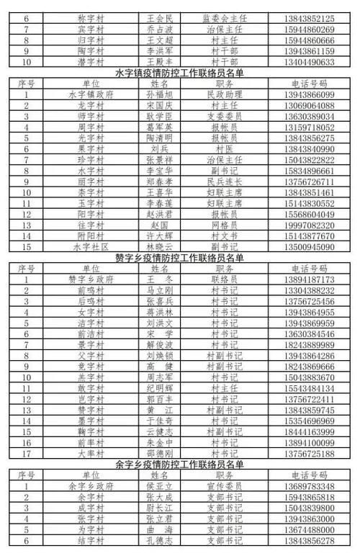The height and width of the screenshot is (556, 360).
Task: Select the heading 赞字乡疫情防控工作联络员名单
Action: click(x=180, y=257)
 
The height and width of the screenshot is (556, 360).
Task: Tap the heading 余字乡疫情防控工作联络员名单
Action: click(x=180, y=465)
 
